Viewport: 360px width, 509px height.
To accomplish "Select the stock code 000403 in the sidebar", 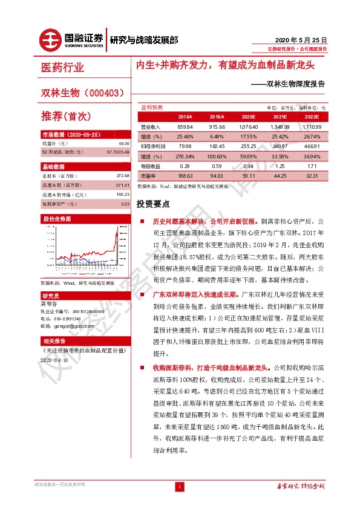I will [107, 92].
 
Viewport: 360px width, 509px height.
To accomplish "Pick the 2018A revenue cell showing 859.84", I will [185, 127].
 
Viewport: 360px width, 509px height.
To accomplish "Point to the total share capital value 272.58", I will [123, 175].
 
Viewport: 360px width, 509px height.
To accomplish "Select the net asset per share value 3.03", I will [125, 204].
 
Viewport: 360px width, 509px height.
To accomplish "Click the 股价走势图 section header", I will [56, 218].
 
